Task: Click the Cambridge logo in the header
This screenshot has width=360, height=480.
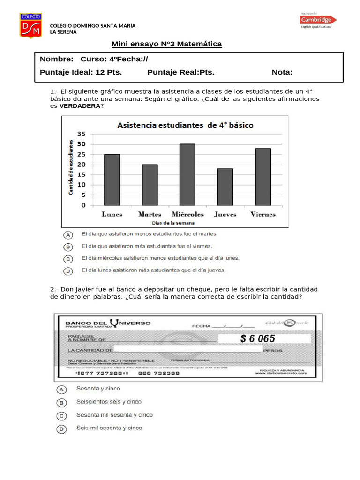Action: click(318, 20)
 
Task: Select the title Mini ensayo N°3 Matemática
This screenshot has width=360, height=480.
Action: click(166, 44)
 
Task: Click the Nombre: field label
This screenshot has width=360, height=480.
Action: click(57, 60)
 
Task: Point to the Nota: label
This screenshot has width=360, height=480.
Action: click(282, 72)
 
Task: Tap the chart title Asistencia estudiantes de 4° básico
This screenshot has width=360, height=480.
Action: click(185, 125)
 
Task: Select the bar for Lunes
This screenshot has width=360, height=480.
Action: click(112, 180)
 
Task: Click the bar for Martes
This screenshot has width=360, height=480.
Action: click(150, 185)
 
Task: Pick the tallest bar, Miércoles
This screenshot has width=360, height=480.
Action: click(187, 174)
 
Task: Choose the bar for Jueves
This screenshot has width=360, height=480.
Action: click(225, 187)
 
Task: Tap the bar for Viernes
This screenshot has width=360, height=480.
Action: click(262, 177)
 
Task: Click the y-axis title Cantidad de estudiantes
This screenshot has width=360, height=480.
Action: click(71, 167)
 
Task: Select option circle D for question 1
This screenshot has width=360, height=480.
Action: click(68, 271)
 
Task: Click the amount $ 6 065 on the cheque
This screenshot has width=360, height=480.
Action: click(257, 338)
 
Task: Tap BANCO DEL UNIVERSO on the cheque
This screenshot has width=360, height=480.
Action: click(108, 323)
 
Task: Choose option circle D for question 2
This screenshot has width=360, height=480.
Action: click(61, 428)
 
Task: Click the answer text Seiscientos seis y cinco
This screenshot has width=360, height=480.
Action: click(109, 402)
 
